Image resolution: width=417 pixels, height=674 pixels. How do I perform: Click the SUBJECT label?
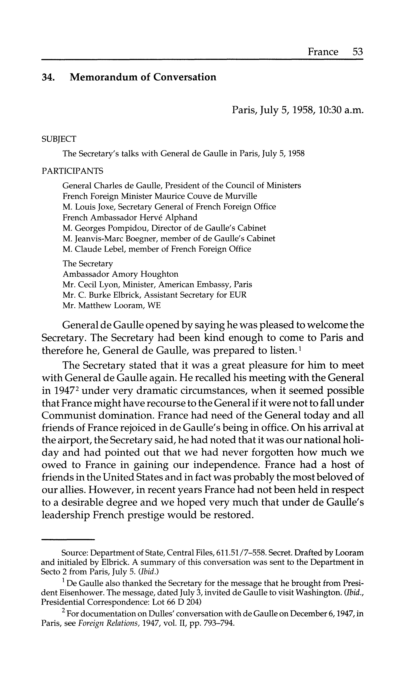(x=58, y=139)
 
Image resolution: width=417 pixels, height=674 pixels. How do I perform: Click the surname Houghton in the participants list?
(x=159, y=274)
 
